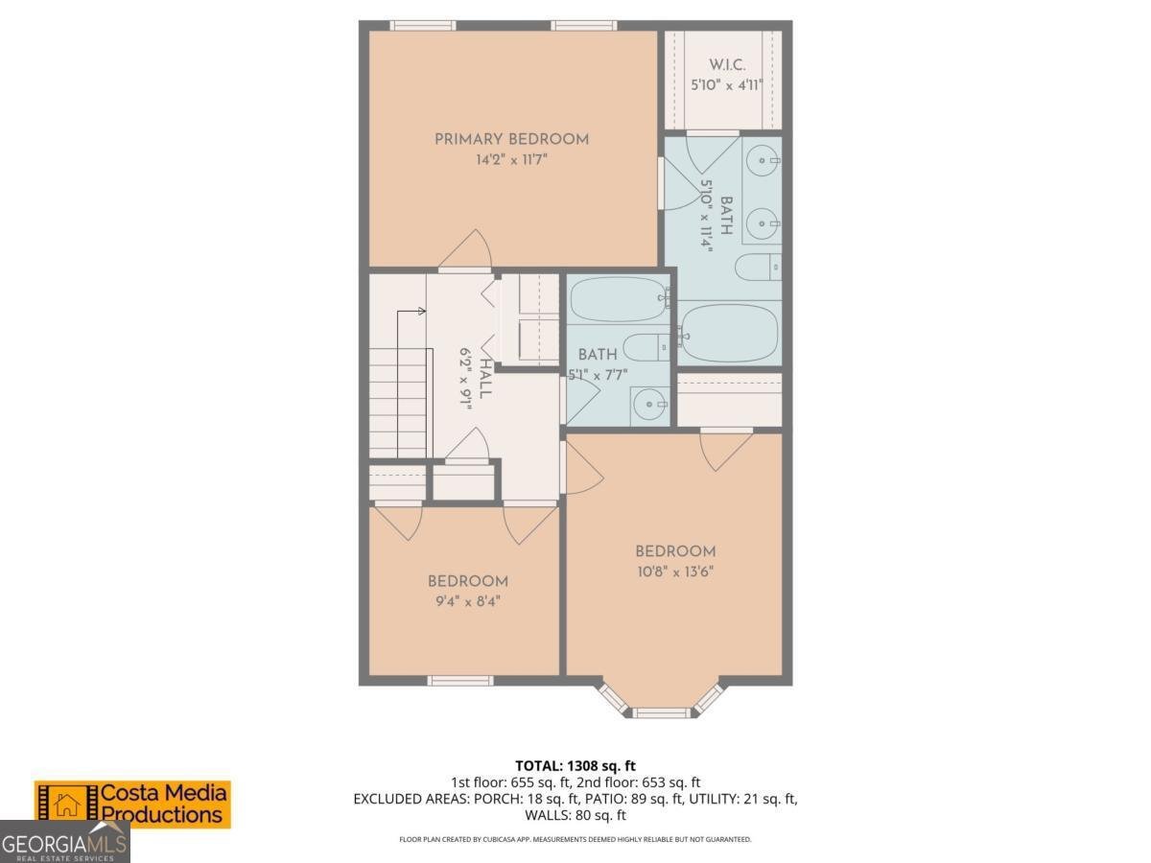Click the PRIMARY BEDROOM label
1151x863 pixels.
point(511,139)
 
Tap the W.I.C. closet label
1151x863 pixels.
point(727,65)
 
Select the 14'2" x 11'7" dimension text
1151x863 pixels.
point(511,159)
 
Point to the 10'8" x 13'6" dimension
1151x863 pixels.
point(675,571)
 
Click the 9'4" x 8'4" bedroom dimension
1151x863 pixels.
point(468,601)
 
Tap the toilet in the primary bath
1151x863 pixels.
point(759,268)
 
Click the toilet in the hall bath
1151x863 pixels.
point(646,347)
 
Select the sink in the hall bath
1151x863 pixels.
point(650,405)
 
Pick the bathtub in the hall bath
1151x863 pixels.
point(620,298)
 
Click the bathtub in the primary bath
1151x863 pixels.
point(729,334)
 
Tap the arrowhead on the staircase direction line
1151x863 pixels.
point(422,312)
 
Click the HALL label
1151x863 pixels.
point(485,379)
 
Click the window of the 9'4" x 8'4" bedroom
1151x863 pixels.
point(460,681)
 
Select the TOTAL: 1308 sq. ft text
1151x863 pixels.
point(575,765)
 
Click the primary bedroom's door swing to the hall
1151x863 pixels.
point(467,249)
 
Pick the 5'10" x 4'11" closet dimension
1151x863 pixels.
point(727,85)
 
